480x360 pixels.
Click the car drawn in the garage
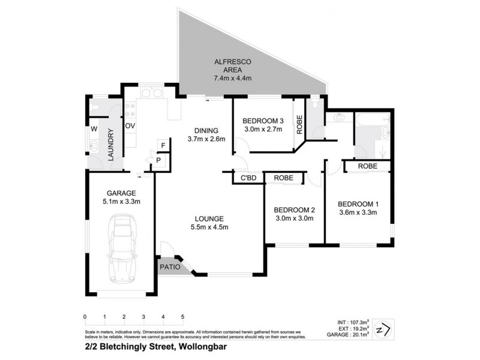[x=121, y=252]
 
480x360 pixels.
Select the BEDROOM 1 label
[x=358, y=203]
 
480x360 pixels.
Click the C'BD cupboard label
[x=248, y=178]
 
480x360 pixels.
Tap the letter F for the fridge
[x=163, y=146]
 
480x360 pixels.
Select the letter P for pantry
[x=158, y=160]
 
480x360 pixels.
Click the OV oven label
[x=130, y=126]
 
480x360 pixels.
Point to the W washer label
[x=94, y=129]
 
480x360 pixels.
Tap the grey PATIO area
[x=170, y=268]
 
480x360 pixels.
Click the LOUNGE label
[x=209, y=218]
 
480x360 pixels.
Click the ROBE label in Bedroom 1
[x=367, y=166]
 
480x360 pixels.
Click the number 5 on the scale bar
[x=182, y=316]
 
